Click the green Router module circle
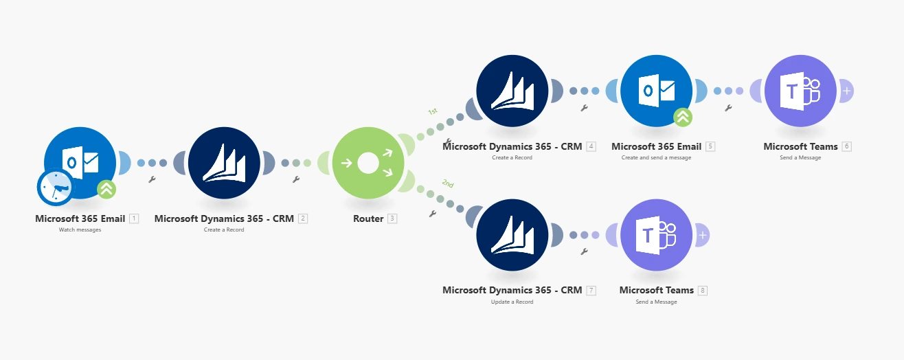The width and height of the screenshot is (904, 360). point(368,163)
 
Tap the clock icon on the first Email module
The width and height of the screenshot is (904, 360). point(55,187)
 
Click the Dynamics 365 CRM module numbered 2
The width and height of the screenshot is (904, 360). point(224,163)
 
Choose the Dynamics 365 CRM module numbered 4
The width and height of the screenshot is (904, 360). point(512,90)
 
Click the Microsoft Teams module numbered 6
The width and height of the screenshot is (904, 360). point(800,90)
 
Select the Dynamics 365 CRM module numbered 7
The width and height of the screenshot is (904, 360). point(512,234)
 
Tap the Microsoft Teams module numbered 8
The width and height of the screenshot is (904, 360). point(656,234)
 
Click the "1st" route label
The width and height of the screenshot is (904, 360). point(433,111)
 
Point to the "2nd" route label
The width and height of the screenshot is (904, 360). point(448,183)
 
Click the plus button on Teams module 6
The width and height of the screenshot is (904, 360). point(847,90)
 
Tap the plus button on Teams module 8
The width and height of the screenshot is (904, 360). point(703,235)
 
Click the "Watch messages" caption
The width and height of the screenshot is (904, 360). point(80,229)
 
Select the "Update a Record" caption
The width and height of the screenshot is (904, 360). point(512,302)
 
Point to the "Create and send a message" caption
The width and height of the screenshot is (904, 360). point(656,157)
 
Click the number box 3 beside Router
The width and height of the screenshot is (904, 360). point(392,218)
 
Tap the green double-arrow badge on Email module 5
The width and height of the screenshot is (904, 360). point(682,117)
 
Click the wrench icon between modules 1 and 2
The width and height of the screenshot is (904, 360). point(152,179)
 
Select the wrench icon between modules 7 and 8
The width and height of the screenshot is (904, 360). point(584,251)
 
